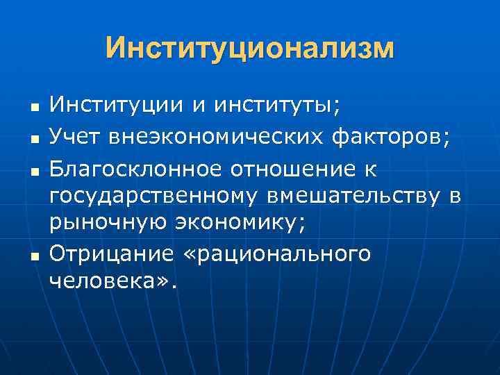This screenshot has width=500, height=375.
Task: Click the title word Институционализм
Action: point(250,49)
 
